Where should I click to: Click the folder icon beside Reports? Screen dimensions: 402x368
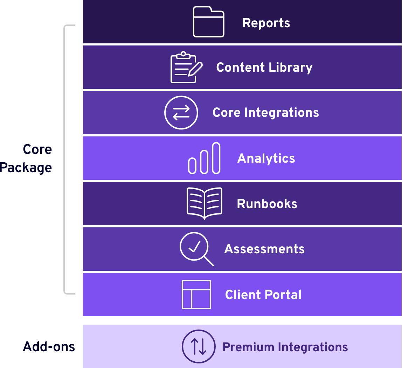[208, 22]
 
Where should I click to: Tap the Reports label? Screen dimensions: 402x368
[266, 23]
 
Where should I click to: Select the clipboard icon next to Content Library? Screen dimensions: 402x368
[186, 67]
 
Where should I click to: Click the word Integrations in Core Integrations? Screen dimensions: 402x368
[282, 113]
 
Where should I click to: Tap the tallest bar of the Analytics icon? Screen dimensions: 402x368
[216, 158]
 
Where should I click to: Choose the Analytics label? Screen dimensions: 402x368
[266, 158]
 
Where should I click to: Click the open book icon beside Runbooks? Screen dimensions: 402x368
[205, 203]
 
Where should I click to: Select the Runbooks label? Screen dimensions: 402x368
[267, 204]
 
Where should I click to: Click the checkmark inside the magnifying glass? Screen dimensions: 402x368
[194, 246]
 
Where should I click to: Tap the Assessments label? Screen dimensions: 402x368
[264, 249]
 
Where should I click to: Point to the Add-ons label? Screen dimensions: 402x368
[49, 347]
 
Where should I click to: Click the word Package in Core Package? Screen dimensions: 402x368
[26, 168]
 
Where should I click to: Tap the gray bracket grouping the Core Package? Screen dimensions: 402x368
[64, 160]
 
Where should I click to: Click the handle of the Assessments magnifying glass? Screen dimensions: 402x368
[209, 261]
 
